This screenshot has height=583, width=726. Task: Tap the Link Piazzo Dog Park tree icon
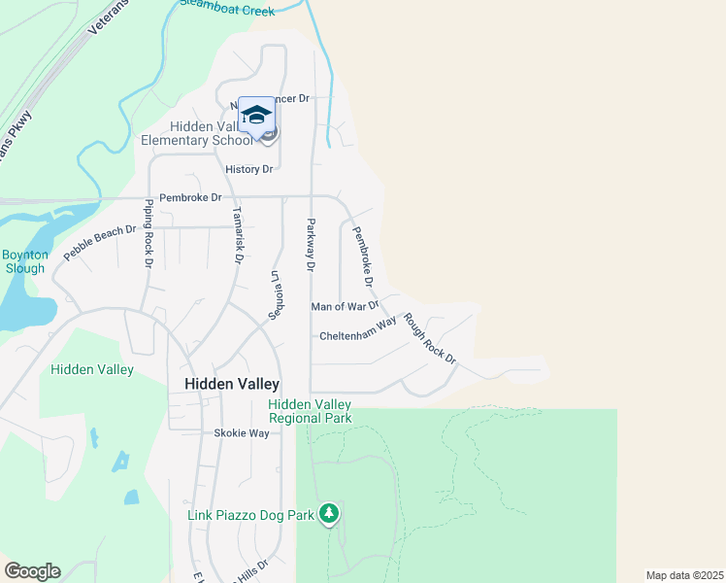click(329, 512)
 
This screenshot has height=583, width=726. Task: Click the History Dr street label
click(249, 169)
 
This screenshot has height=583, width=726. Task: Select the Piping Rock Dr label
click(148, 233)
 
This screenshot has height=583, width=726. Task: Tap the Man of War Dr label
click(345, 306)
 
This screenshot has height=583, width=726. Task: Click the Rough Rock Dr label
click(430, 337)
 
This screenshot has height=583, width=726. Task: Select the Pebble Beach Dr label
click(99, 243)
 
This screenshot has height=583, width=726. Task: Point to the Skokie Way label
click(242, 433)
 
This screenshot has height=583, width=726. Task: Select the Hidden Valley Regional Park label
click(310, 411)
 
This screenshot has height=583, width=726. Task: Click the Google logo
click(32, 571)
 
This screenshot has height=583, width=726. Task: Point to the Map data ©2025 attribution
click(684, 575)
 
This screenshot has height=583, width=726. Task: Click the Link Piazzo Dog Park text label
click(250, 515)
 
